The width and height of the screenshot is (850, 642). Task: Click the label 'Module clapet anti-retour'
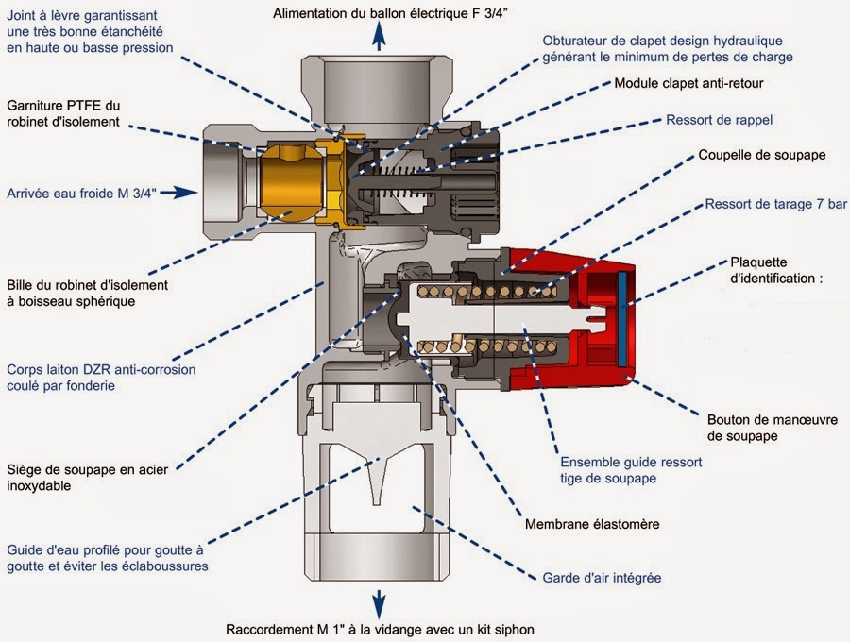pyautogui.click(x=688, y=83)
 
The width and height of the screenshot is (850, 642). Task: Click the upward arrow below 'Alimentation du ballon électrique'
pyautogui.click(x=379, y=36)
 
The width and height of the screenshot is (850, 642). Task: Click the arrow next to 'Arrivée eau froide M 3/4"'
pyautogui.click(x=189, y=193)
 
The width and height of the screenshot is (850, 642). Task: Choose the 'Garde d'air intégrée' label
pyautogui.click(x=602, y=577)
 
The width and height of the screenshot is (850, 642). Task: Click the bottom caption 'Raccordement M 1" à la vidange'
pyautogui.click(x=386, y=629)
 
